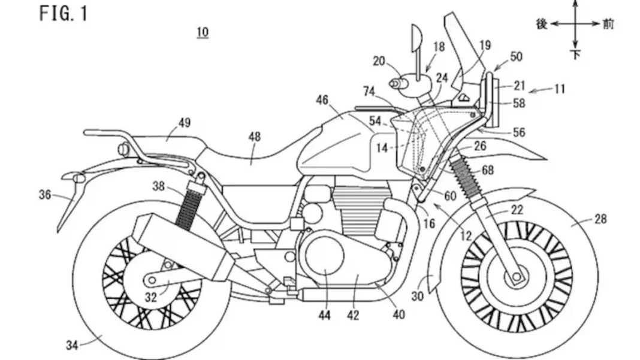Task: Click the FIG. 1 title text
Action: pos(64,13)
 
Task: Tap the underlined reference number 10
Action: pos(203,32)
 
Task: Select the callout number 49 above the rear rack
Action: pos(185,123)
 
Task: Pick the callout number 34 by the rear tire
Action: pos(71,344)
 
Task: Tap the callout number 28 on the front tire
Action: pos(600,219)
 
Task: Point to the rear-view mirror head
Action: pos(415,40)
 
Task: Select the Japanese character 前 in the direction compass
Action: pos(608,24)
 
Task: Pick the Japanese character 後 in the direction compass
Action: pos(542,24)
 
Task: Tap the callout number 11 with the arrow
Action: pos(560,89)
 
